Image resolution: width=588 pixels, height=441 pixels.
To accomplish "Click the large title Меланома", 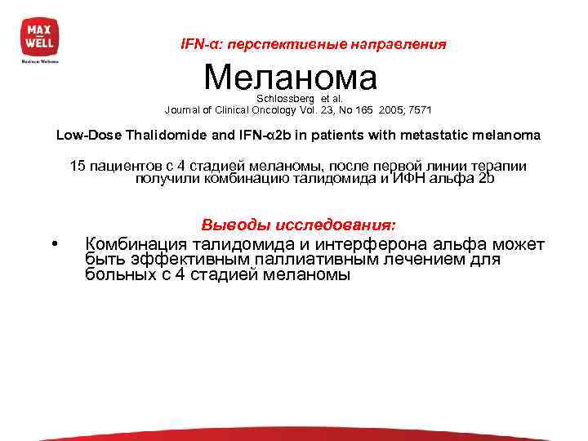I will point(291,78).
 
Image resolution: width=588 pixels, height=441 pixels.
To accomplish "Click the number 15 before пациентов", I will point(77,167).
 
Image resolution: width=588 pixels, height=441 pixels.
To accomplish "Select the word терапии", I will point(501,167).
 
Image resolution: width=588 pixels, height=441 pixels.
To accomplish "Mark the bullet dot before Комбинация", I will point(53,245).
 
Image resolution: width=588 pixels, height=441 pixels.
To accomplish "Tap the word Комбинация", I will point(137,244).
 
